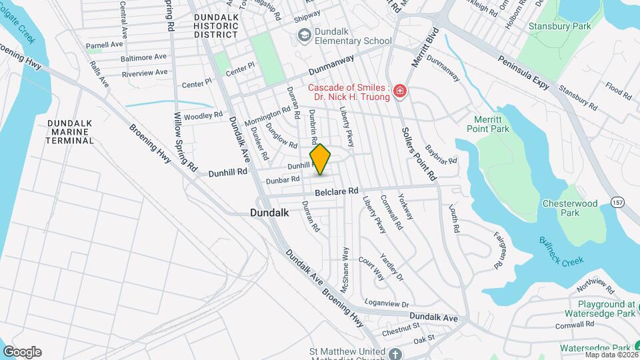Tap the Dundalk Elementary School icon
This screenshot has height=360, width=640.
(305, 35)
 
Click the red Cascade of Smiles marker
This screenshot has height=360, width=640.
(399, 91)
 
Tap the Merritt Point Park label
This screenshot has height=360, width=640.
(491, 124)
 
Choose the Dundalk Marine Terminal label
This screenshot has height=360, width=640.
(70, 132)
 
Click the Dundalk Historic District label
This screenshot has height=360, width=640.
(215, 25)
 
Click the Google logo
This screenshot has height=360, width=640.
(22, 352)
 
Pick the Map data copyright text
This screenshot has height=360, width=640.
(611, 354)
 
